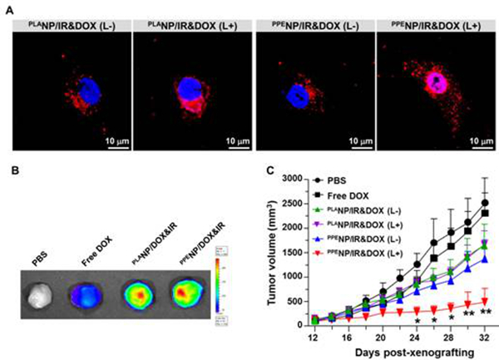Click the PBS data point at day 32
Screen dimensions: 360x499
pyautogui.click(x=484, y=202)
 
